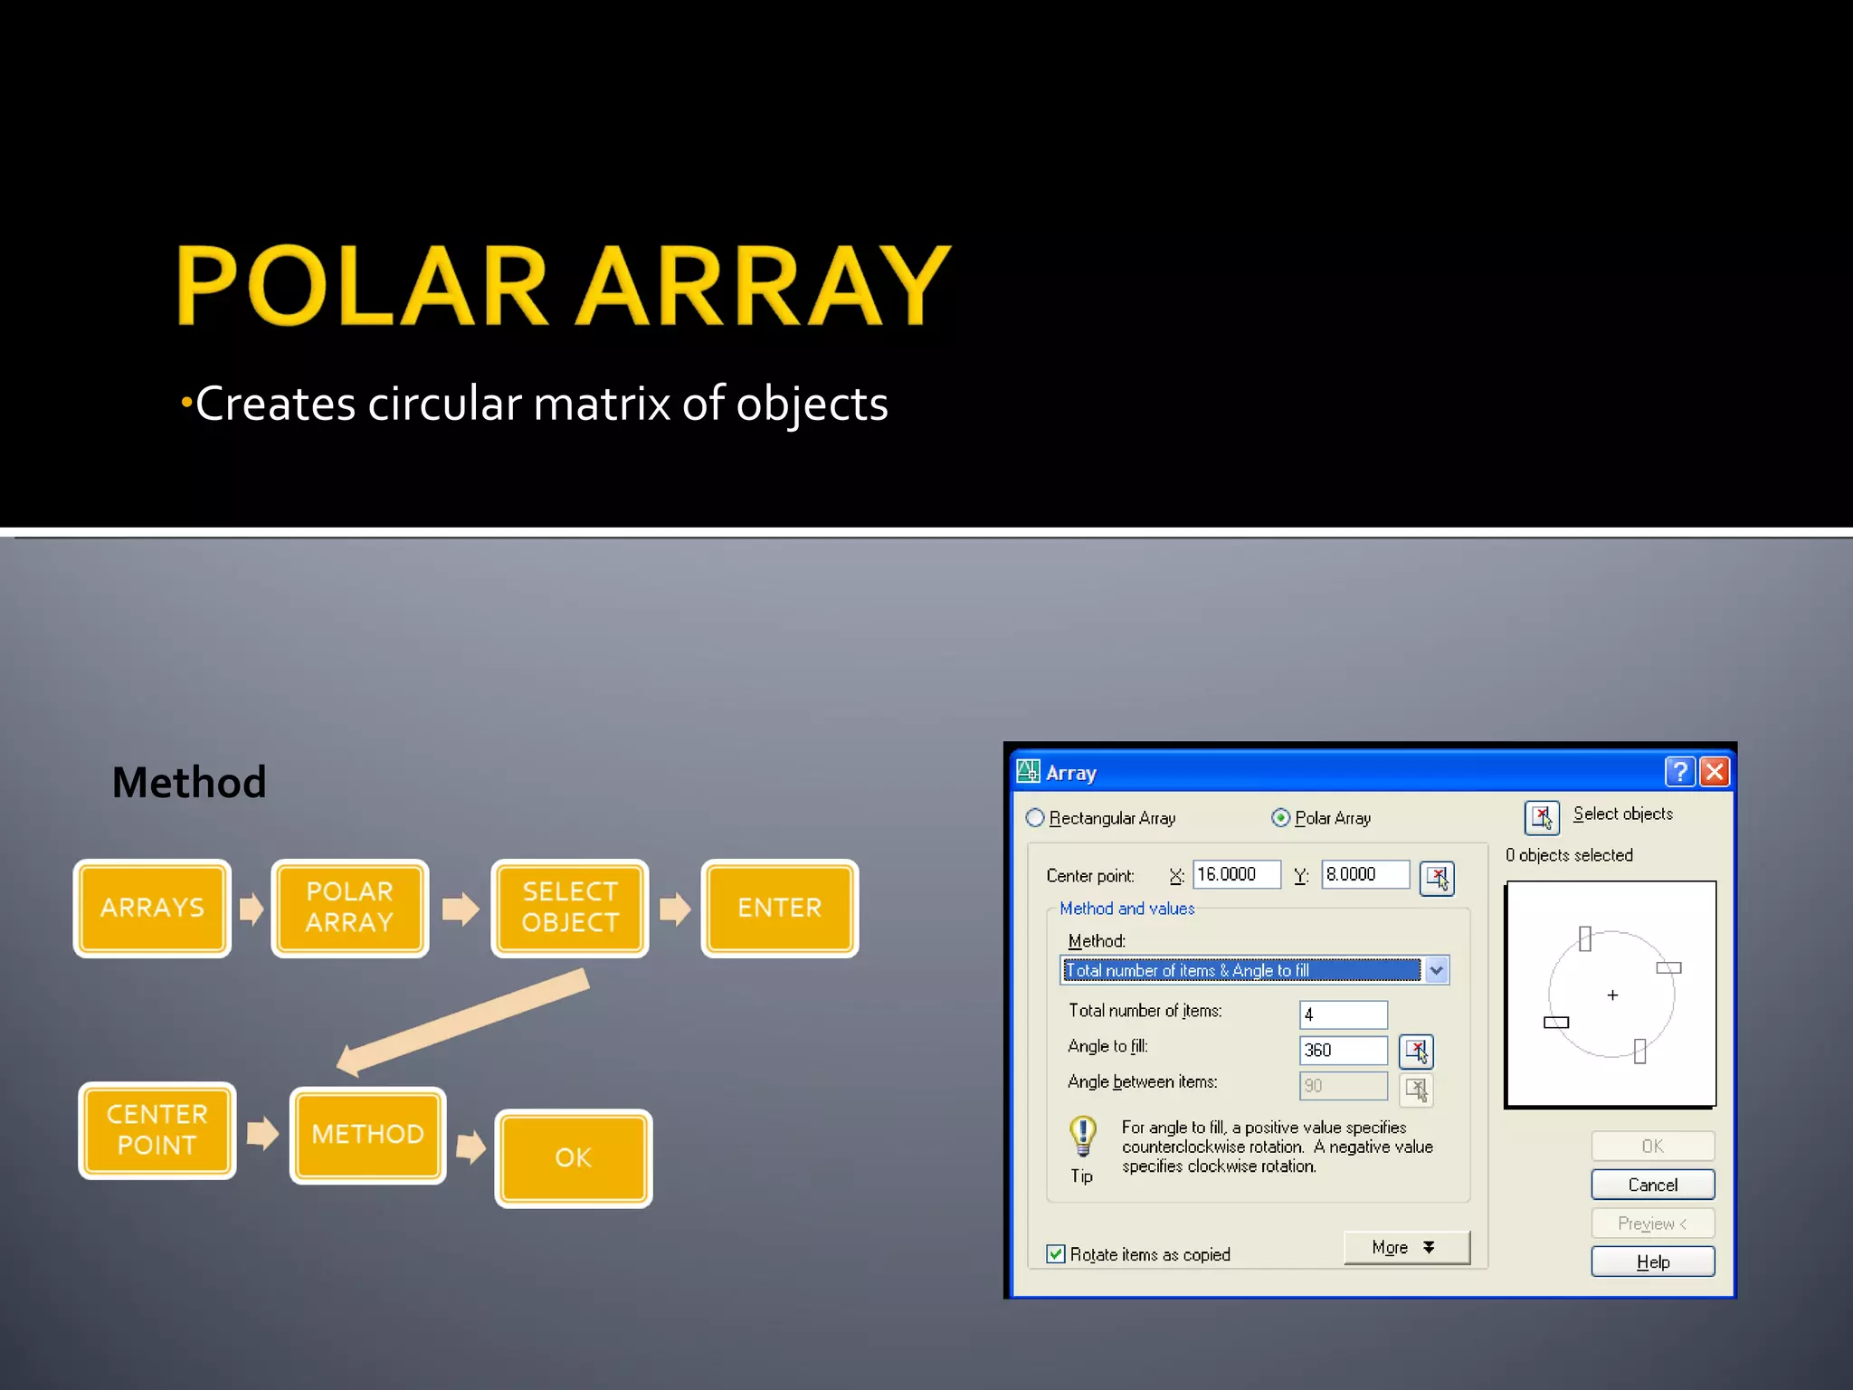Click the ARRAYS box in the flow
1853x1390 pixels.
[152, 908]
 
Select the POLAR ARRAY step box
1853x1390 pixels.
[349, 908]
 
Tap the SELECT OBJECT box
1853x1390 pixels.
[569, 908]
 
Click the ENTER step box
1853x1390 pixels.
[779, 908]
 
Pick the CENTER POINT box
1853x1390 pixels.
[157, 1130]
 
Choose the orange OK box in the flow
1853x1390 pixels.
[573, 1158]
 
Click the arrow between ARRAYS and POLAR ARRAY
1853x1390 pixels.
[252, 908]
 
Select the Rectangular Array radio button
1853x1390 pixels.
[1035, 818]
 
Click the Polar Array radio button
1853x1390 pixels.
[1281, 818]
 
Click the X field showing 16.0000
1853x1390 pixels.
[1236, 874]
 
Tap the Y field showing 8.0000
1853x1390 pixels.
[1364, 874]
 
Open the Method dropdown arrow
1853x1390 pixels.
[1437, 970]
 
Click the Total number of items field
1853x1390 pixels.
[1343, 1014]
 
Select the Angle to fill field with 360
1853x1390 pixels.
[1343, 1050]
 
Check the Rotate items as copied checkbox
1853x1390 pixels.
[1056, 1254]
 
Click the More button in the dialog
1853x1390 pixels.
[1405, 1248]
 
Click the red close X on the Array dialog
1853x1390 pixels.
[1715, 772]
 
